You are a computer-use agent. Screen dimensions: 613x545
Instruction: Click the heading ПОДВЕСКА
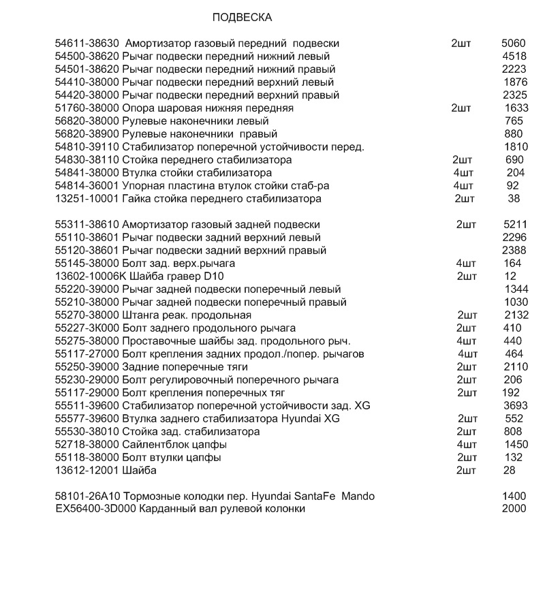pos(242,17)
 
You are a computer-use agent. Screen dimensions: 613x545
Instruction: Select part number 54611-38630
pos(87,44)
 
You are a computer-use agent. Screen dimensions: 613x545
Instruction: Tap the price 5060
pos(514,44)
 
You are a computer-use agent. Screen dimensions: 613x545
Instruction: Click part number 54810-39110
pos(87,147)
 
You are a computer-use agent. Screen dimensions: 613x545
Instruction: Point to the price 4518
pos(514,57)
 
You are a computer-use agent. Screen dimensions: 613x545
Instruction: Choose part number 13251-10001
pos(87,199)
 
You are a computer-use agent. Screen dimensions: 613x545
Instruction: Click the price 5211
pos(515,225)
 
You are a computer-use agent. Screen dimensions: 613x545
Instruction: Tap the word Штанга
pos(140,315)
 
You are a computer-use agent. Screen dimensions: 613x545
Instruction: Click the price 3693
pos(516,406)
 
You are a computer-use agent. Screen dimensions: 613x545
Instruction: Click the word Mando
pos(358,497)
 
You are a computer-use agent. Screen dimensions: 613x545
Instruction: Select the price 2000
pos(514,509)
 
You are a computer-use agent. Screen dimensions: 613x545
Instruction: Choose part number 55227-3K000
pos(87,328)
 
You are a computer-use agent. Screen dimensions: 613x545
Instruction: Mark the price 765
pos(514,121)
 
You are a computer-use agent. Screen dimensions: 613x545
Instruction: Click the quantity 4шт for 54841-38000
pos(463,173)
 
